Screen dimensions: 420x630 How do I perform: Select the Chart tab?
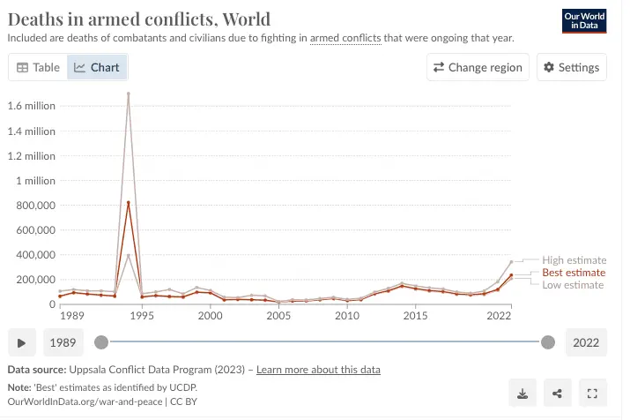[97, 67]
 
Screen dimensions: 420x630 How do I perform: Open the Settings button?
[571, 67]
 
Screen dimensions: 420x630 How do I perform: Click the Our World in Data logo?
[585, 21]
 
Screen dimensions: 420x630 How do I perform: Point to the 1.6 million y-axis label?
[32, 106]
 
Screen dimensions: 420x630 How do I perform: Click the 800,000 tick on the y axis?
[35, 206]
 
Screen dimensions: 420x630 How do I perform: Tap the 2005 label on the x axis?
[279, 316]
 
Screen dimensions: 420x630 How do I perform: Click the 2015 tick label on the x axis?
[416, 316]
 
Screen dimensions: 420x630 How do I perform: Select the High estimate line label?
[574, 260]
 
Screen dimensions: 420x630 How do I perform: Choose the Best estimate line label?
[574, 273]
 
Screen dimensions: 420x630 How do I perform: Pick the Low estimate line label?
[574, 285]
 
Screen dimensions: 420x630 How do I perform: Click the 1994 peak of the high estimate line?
[129, 94]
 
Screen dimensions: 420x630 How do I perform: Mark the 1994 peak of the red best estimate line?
[129, 203]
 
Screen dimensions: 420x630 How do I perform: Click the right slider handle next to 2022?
[548, 342]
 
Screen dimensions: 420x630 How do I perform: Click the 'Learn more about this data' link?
[318, 370]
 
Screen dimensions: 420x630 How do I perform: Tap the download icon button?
[523, 394]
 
